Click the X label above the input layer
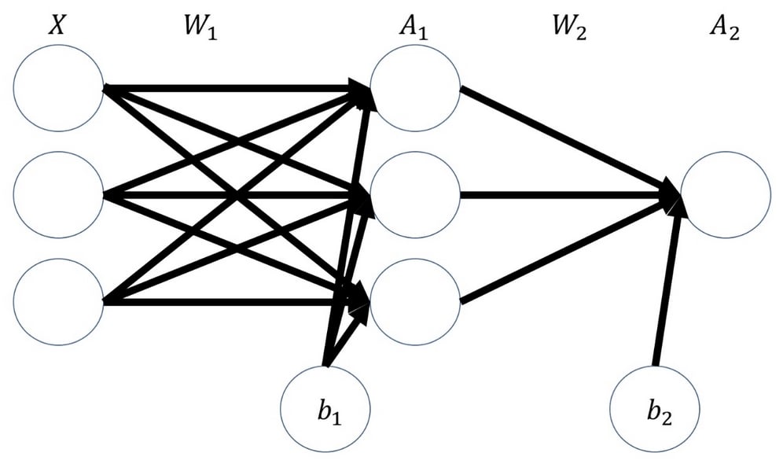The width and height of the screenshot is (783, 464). click(57, 24)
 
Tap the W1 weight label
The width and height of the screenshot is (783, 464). click(200, 27)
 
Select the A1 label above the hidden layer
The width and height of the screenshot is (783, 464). click(414, 27)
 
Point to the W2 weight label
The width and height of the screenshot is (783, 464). click(570, 27)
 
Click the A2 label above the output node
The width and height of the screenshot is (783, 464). click(725, 27)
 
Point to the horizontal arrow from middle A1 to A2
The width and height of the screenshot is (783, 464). click(569, 194)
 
